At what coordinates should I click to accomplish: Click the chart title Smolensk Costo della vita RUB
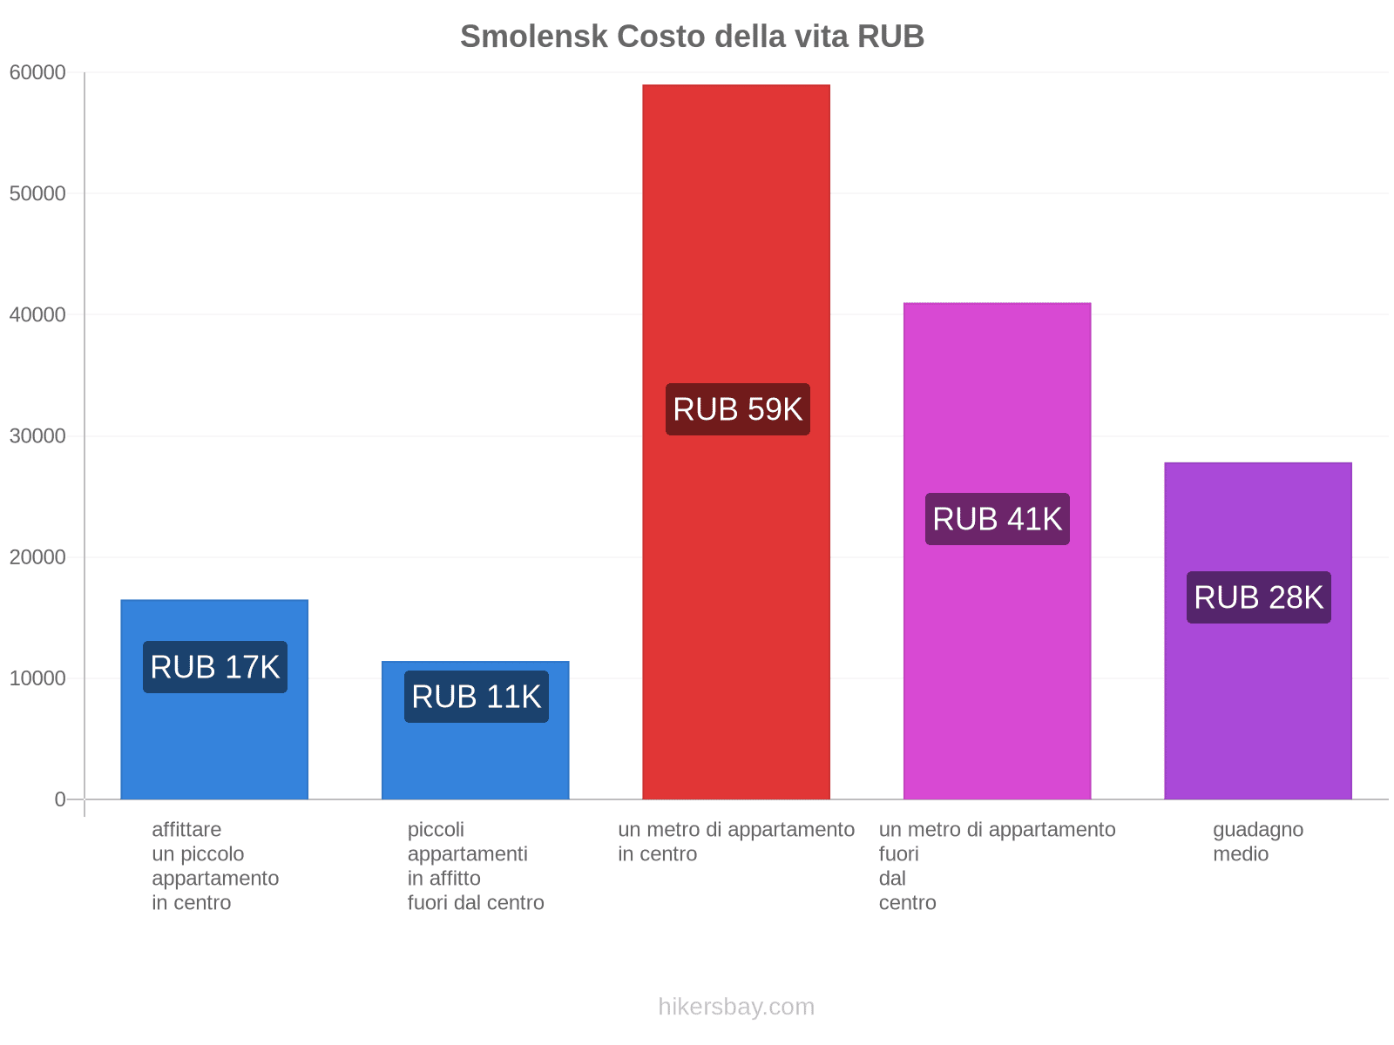point(692,37)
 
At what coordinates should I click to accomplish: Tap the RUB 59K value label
point(737,409)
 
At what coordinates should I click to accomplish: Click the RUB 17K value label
point(214,667)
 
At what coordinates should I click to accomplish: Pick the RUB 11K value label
point(476,697)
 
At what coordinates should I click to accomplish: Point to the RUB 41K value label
point(997,519)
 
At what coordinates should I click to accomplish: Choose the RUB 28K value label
point(1258,597)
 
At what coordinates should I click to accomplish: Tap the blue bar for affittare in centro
point(214,749)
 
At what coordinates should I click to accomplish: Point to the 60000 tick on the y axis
point(37,72)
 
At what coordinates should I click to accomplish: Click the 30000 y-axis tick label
point(37,435)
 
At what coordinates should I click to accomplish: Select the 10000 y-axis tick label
point(37,678)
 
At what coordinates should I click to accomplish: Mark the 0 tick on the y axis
point(60,799)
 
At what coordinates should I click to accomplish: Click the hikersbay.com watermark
point(736,1007)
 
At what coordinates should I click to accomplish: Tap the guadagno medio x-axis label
point(1258,841)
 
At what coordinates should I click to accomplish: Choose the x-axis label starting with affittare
point(214,866)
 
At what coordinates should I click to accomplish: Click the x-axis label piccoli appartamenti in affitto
point(476,866)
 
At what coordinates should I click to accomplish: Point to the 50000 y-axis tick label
point(37,193)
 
